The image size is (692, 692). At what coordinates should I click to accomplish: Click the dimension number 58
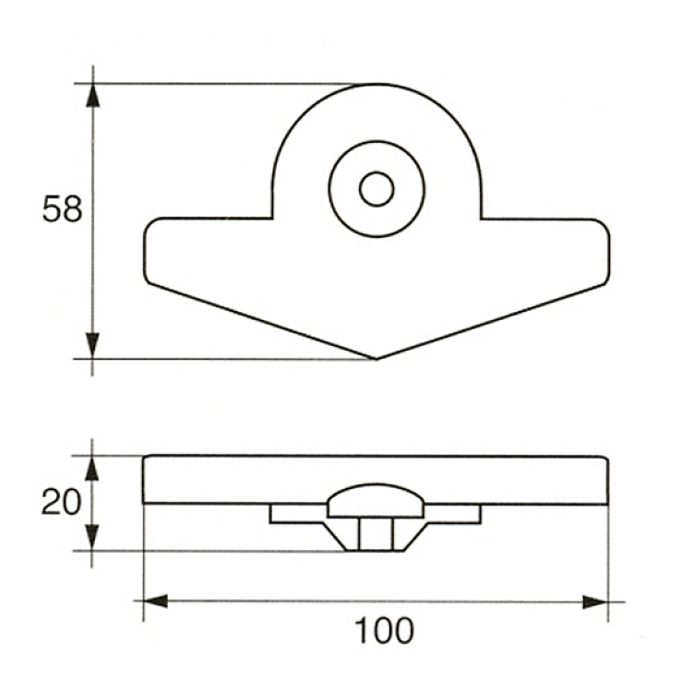[62, 209]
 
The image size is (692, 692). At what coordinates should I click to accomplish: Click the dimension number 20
[61, 502]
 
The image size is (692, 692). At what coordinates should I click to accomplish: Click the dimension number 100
[384, 631]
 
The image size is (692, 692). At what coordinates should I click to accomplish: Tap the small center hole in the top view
[376, 189]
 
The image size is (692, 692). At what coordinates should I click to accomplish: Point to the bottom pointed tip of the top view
[376, 359]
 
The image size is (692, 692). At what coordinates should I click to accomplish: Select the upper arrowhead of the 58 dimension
[92, 95]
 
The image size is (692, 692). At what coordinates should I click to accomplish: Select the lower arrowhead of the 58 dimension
[92, 346]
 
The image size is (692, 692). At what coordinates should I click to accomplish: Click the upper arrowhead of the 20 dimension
[91, 468]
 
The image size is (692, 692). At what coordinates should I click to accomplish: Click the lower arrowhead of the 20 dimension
[91, 538]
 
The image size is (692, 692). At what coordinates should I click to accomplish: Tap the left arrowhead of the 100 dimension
[156, 601]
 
